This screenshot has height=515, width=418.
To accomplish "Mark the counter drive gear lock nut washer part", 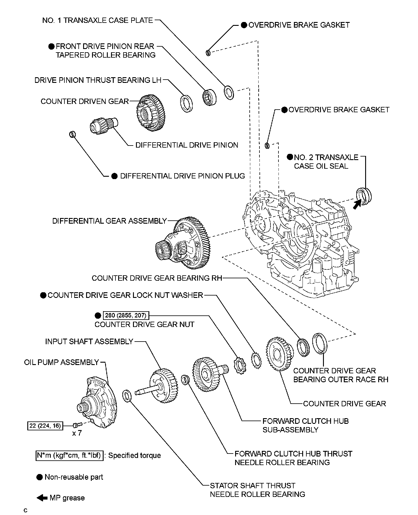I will click(x=256, y=360).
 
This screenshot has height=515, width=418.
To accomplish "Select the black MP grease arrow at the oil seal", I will click(x=359, y=204).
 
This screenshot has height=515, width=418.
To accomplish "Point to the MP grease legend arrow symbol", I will click(x=42, y=498).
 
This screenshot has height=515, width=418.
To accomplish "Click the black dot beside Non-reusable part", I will click(x=39, y=477).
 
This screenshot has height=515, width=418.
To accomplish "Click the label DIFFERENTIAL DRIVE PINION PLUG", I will click(x=182, y=176).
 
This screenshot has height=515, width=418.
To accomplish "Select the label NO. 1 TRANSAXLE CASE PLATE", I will click(x=97, y=20).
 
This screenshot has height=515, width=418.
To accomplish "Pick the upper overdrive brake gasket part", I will click(x=208, y=53).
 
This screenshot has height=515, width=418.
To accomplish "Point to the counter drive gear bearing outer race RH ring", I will click(x=319, y=343).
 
